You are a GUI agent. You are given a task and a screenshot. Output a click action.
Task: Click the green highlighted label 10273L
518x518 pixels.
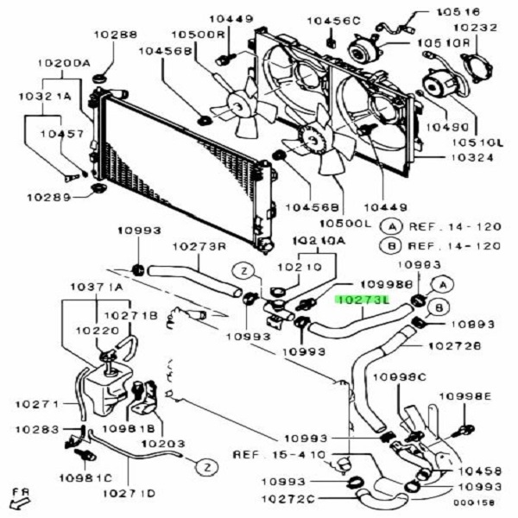pyautogui.click(x=362, y=300)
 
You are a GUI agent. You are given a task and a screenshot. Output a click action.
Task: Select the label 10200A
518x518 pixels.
pyautogui.click(x=64, y=63)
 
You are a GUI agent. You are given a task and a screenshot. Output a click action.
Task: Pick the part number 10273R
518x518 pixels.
pyautogui.click(x=199, y=246)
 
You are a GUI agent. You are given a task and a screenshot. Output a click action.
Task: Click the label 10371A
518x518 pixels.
pyautogui.click(x=97, y=286)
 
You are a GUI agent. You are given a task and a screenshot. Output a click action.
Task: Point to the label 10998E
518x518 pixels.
pyautogui.click(x=465, y=396)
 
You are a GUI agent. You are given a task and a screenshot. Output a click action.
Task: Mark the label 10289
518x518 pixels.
pyautogui.click(x=45, y=198)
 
